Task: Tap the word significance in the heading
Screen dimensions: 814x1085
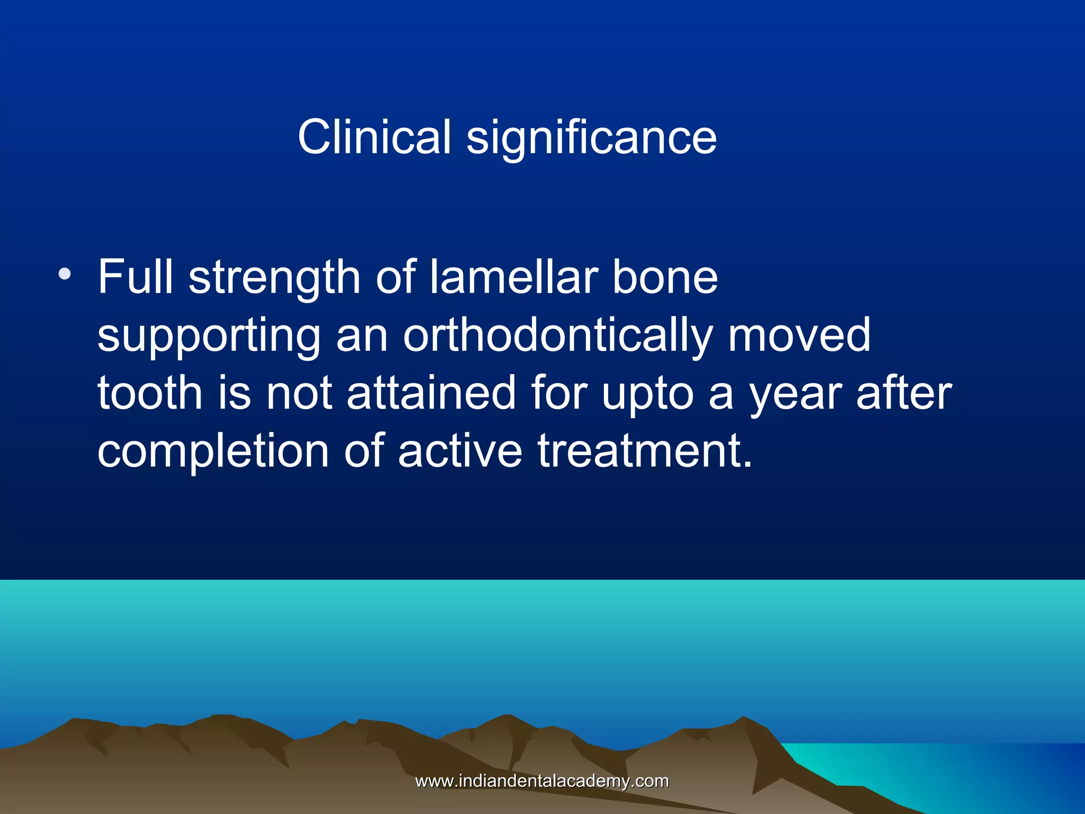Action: click(x=591, y=139)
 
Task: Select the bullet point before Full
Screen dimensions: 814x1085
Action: click(x=65, y=274)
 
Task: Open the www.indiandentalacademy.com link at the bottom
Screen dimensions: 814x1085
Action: click(x=542, y=781)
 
